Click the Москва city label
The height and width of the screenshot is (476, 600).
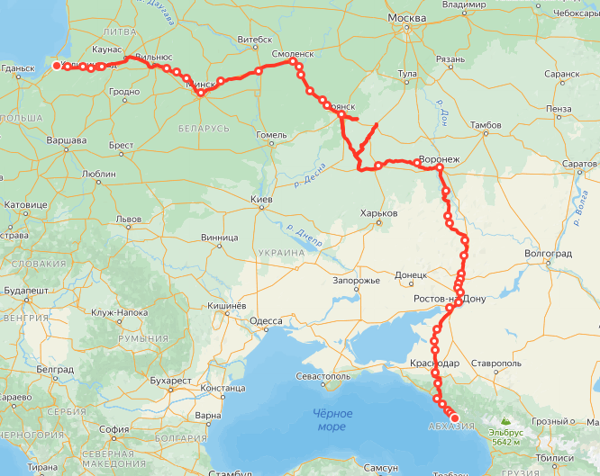[x=406, y=18]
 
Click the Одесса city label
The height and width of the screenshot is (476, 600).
[x=266, y=320]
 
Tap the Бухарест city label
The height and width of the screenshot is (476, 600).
[x=172, y=381]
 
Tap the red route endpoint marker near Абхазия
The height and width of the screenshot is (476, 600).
[x=455, y=418]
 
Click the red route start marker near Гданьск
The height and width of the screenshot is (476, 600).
[x=57, y=66]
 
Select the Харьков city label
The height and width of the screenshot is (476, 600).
[x=378, y=213]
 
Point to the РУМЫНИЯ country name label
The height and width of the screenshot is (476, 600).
[x=143, y=338]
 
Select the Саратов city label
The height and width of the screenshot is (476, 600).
[x=579, y=164]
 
